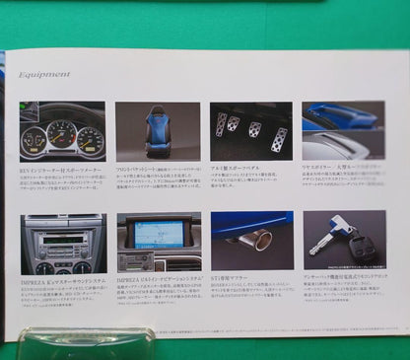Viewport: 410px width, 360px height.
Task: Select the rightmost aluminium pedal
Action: pos(279,137)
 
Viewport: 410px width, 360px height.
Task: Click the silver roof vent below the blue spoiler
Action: pos(330,148)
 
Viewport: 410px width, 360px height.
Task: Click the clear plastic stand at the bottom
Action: pos(89,343)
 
